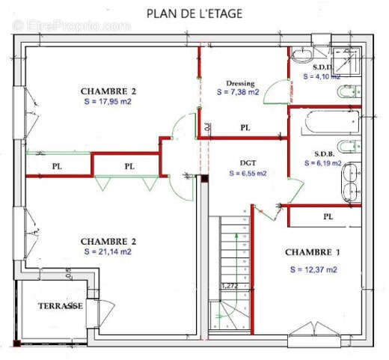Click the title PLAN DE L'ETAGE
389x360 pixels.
click(x=194, y=13)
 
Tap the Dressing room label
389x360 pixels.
click(x=239, y=83)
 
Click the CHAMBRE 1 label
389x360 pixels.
click(x=313, y=252)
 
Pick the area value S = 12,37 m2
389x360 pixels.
click(x=313, y=269)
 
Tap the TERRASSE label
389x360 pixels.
click(x=60, y=306)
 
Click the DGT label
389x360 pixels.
click(x=248, y=162)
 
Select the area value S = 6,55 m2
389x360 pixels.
click(x=248, y=173)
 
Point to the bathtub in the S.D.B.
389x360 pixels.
click(x=325, y=120)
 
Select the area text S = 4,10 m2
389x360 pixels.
click(x=322, y=76)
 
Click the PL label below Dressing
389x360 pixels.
click(x=245, y=129)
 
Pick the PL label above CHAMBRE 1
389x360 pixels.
click(x=328, y=216)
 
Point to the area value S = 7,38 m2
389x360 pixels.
click(x=238, y=93)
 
